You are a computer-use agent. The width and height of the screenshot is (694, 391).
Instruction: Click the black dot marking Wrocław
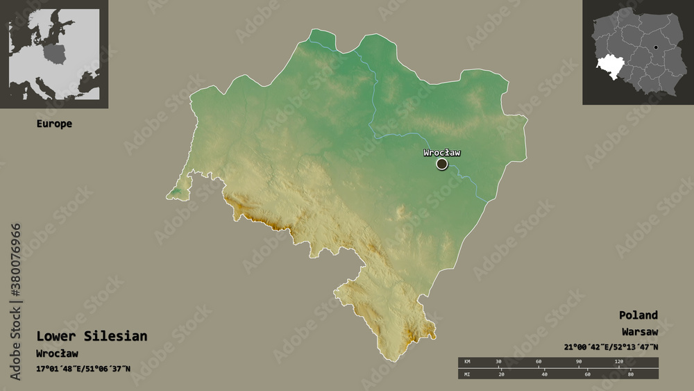point(442,164)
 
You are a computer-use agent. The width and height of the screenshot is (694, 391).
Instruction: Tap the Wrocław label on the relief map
point(442,153)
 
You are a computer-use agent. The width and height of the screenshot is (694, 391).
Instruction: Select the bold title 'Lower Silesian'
point(92,336)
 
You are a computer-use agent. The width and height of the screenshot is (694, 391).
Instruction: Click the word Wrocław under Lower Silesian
point(57,353)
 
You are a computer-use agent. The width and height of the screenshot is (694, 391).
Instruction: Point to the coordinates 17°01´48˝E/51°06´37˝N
point(83,369)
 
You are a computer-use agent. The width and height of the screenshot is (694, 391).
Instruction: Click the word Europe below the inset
point(54,124)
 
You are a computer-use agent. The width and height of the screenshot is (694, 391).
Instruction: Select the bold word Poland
point(639,315)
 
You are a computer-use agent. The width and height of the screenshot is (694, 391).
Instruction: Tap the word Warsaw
point(639,332)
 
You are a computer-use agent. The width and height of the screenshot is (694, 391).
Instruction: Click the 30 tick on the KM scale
point(499,362)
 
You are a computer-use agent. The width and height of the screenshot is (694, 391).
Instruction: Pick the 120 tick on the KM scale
point(619,362)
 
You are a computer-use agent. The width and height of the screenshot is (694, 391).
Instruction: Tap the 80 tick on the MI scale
point(631,375)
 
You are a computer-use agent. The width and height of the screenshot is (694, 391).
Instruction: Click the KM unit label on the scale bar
point(467,362)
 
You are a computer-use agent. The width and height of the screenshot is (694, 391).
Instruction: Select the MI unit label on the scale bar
point(467,375)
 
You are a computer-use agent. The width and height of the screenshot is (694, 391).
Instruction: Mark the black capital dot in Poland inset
point(655,48)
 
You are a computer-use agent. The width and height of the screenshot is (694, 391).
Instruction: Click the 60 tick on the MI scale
point(587,375)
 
